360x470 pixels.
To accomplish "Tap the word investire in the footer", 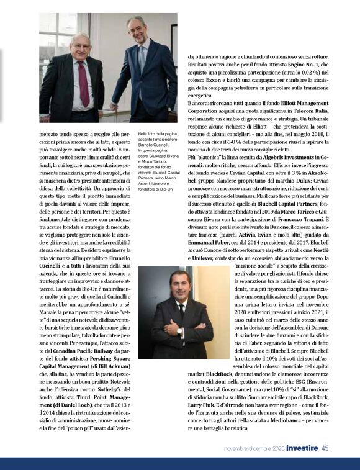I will (x=302, y=448).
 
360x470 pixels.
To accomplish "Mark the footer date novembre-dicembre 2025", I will (x=254, y=448).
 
